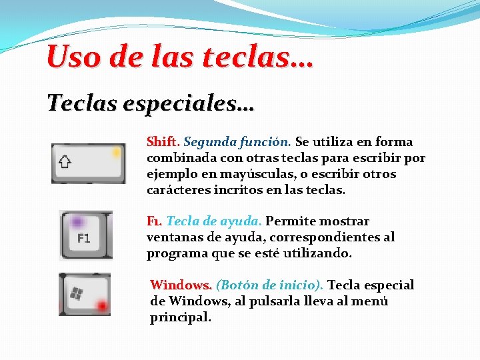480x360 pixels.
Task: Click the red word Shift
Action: [163, 141]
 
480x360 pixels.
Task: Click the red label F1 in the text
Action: [154, 221]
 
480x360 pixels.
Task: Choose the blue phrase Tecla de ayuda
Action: [215, 221]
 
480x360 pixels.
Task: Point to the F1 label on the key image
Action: [83, 238]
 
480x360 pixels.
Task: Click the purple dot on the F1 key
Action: [78, 221]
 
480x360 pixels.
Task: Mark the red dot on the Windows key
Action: [102, 305]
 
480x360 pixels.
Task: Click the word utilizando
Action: [318, 253]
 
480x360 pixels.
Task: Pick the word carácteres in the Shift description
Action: [176, 190]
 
